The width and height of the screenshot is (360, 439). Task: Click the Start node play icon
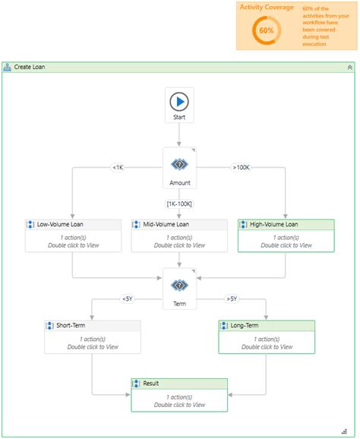(179, 100)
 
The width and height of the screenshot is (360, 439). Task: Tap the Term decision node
(179, 285)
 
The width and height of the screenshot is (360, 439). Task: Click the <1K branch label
(118, 167)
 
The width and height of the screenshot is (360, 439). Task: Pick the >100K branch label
(242, 167)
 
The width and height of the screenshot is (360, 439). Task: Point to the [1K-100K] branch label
(179, 203)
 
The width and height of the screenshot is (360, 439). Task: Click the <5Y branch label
(127, 298)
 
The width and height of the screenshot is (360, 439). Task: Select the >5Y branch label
(232, 298)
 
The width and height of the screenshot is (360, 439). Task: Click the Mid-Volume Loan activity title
(166, 225)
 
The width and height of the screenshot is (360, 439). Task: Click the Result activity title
(151, 384)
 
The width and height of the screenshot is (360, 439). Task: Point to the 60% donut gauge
(266, 30)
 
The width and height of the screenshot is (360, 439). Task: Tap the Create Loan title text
(30, 67)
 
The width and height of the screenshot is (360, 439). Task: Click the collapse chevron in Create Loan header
(349, 67)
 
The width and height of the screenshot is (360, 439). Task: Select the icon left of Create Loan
(8, 67)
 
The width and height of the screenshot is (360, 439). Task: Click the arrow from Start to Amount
(179, 134)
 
